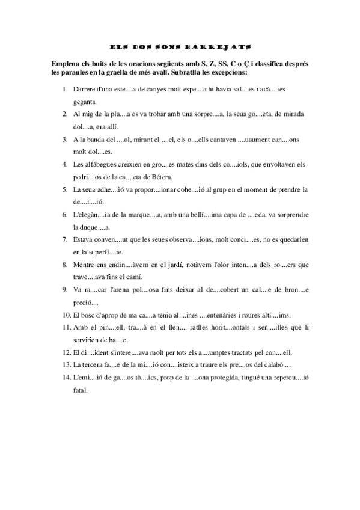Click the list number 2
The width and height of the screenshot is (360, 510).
pos(65,114)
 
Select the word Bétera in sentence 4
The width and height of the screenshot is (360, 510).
pos(160,177)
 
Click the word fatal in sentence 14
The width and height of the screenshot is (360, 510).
pos(79,391)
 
